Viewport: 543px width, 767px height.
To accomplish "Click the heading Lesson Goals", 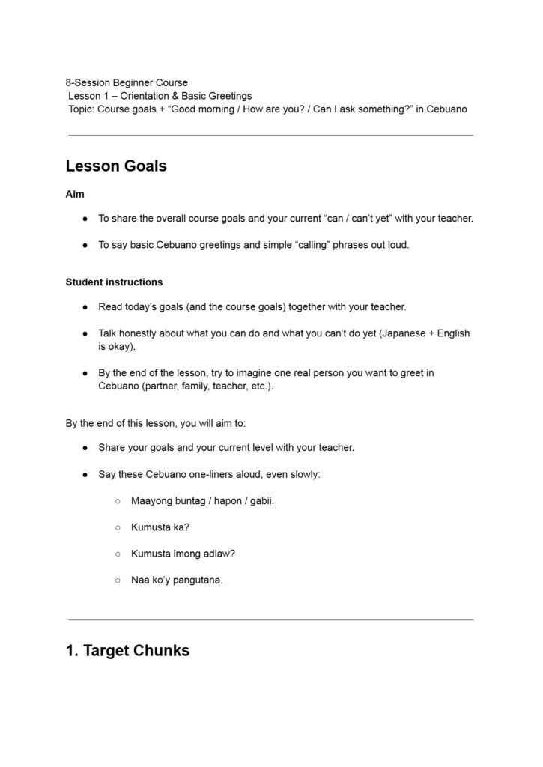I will pyautogui.click(x=116, y=166).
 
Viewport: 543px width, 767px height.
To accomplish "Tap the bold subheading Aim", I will pyautogui.click(x=75, y=194).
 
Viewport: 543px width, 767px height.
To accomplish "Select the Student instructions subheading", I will pyautogui.click(x=114, y=282).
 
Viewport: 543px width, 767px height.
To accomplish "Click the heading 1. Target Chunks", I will pyautogui.click(x=127, y=650).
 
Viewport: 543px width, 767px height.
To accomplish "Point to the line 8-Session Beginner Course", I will pyautogui.click(x=127, y=82).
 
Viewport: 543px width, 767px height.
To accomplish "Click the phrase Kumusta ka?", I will pyautogui.click(x=160, y=527).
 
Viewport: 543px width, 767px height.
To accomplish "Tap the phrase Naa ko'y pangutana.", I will pyautogui.click(x=177, y=580).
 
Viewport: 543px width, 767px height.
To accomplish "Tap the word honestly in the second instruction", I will pyautogui.click(x=142, y=333).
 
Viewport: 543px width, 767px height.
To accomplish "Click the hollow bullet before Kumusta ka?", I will pyautogui.click(x=118, y=527).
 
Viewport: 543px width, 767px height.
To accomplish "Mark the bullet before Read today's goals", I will pyautogui.click(x=85, y=307).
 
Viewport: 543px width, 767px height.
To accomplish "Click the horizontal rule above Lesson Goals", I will pyautogui.click(x=270, y=136).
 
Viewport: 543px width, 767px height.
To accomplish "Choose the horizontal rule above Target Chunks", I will pyautogui.click(x=270, y=619).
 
